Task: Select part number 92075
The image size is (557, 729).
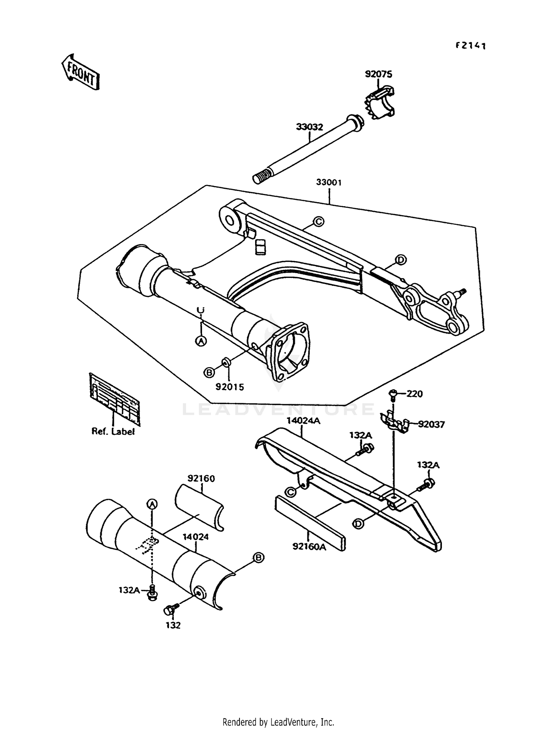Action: (378, 74)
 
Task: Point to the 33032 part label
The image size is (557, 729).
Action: (309, 127)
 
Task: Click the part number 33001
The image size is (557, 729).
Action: (329, 182)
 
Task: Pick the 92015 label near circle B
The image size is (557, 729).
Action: (230, 387)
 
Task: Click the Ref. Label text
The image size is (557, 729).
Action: (113, 432)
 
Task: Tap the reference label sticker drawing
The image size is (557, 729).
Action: (115, 399)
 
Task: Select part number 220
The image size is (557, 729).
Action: (414, 394)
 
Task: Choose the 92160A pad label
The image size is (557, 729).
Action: (309, 547)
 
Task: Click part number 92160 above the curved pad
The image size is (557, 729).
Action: (201, 478)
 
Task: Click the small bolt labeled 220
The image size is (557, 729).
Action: (394, 394)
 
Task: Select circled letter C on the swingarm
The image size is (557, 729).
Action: (318, 222)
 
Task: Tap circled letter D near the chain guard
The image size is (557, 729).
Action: (358, 524)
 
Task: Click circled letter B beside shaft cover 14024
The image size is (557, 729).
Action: (258, 558)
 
